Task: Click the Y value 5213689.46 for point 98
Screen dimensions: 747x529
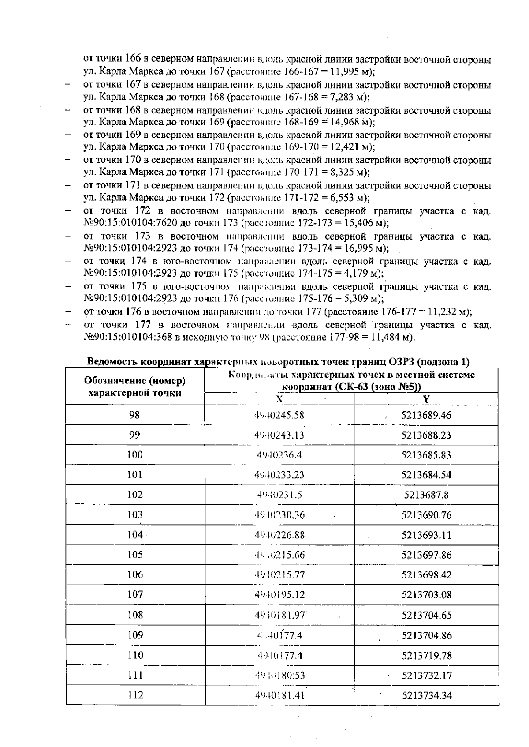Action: point(426,415)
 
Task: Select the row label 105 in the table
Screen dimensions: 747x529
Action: point(135,555)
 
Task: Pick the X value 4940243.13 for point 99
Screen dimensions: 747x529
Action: point(279,435)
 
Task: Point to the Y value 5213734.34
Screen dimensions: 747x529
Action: point(427,696)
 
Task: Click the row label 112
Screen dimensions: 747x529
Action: point(135,695)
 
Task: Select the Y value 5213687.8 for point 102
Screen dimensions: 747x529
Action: point(426,495)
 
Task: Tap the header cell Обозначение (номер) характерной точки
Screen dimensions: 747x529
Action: point(135,387)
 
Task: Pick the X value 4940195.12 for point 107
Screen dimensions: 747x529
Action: point(279,595)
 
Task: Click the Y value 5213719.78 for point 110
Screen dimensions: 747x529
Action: point(427,656)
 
